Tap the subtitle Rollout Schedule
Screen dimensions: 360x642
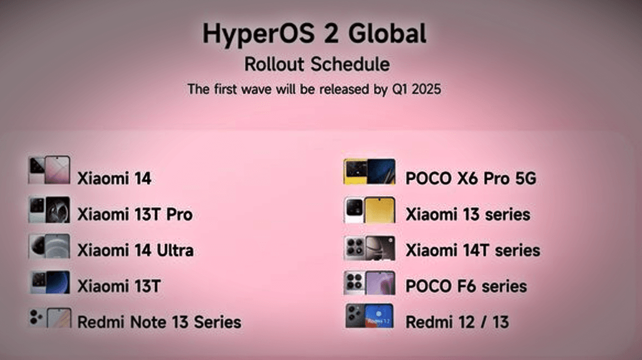pyautogui.click(x=317, y=64)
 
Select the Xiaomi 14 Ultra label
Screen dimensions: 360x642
pyautogui.click(x=135, y=250)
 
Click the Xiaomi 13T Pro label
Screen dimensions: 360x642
pyautogui.click(x=135, y=215)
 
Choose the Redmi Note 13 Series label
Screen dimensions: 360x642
pyautogui.click(x=159, y=322)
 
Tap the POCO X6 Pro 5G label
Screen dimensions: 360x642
pyautogui.click(x=471, y=179)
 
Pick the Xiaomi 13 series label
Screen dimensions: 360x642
pyautogui.click(x=467, y=215)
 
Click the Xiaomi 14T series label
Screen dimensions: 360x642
pyautogui.click(x=472, y=250)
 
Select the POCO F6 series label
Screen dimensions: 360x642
pyautogui.click(x=466, y=287)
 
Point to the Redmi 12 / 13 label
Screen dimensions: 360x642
pyautogui.click(x=457, y=322)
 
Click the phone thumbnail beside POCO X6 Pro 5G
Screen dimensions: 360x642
pyautogui.click(x=369, y=172)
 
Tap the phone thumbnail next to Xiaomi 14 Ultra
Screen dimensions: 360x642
pyautogui.click(x=49, y=247)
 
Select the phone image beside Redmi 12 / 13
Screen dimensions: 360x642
pyautogui.click(x=369, y=316)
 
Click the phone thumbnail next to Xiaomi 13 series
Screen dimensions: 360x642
pyautogui.click(x=369, y=210)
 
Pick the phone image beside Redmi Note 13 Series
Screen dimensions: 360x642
pyautogui.click(x=50, y=318)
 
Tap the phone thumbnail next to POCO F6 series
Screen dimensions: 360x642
pyautogui.click(x=369, y=283)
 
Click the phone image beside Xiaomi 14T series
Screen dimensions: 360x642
pyautogui.click(x=369, y=247)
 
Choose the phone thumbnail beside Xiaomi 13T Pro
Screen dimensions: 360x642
pyautogui.click(x=49, y=210)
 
